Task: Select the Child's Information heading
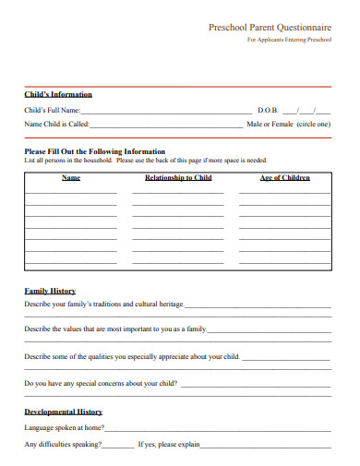pos(58,94)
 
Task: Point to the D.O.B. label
pos(268,110)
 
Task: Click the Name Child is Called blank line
pos(166,124)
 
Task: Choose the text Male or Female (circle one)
pos(296,123)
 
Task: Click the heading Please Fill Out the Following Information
pos(95,151)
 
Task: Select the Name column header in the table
pos(71,177)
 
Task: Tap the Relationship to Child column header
pos(178,177)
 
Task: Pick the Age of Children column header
pos(284,177)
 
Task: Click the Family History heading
pos(50,292)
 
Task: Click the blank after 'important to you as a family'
pos(270,329)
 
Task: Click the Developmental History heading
pos(64,412)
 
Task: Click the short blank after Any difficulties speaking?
pos(118,446)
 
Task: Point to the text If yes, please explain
pos(169,445)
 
